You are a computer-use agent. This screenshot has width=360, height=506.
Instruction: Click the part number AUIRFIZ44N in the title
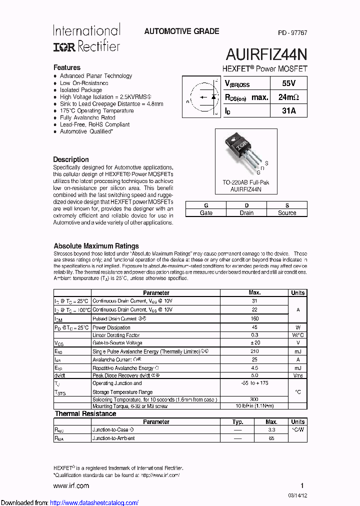(266, 53)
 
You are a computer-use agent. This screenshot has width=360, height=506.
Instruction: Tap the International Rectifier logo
(86, 38)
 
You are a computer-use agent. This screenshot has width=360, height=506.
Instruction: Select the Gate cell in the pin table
(206, 212)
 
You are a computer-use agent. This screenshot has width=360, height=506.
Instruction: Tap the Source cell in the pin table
(287, 212)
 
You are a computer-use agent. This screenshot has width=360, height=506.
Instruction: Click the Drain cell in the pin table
(246, 212)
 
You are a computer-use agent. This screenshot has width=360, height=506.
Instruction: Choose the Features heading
(67, 67)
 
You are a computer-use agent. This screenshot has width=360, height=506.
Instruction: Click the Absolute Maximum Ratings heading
(96, 246)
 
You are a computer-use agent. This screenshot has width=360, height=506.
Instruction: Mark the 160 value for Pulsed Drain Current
(254, 318)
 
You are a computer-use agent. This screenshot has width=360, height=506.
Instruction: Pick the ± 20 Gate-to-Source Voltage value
(254, 343)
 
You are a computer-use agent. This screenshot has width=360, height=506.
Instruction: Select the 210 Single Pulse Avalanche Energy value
(254, 351)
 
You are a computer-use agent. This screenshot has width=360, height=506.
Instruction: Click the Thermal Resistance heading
(85, 414)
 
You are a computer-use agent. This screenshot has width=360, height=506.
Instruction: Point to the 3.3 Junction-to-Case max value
(271, 429)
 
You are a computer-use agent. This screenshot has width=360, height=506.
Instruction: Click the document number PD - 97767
(292, 32)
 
